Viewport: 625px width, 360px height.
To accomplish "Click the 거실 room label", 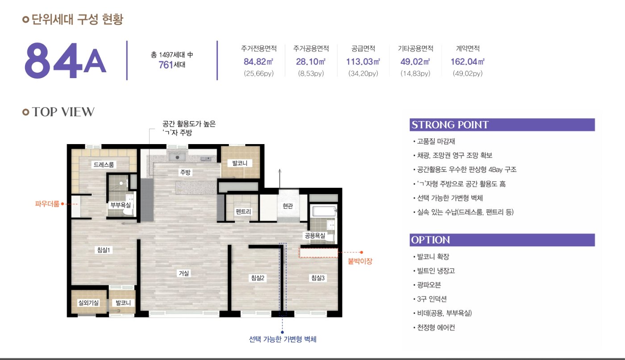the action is point(184,273).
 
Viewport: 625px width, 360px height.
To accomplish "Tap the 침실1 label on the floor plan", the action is point(104,250).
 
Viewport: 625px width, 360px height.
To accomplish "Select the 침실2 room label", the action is point(258,278).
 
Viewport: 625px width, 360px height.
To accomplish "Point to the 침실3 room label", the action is point(318,278).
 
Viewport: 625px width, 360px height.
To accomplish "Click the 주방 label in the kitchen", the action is point(185,172).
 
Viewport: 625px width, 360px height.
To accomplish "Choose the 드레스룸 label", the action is point(104,165).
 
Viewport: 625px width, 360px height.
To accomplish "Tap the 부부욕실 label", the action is point(121,205).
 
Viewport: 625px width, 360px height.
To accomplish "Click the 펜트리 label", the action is point(243,211).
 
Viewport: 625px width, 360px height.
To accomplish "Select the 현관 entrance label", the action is point(287,206).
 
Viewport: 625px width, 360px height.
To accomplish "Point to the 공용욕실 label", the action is point(315,236).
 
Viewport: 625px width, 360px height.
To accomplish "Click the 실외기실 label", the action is point(88,302).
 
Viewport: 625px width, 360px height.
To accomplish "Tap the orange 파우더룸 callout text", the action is point(47,204).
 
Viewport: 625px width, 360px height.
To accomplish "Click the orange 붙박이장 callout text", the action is point(360,261).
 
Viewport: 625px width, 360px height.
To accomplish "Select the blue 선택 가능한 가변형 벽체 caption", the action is point(282,339).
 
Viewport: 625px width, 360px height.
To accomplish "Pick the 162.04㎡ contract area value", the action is point(468,62).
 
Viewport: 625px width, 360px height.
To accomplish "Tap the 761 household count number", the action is point(166,65).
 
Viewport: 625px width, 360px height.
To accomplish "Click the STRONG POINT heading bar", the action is point(502,124).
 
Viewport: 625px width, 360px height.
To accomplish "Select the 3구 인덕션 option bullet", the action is point(430,299).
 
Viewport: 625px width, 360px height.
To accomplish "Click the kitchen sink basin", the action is point(177,157).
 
